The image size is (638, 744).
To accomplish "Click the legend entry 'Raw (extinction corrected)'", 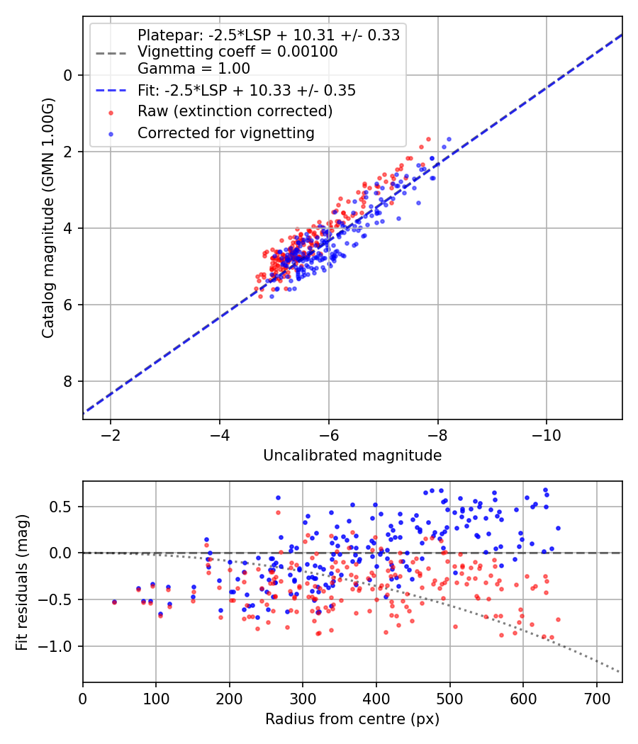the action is [235, 111].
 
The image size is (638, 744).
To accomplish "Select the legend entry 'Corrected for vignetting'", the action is [226, 133].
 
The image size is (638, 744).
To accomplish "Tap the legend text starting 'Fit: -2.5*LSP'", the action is [247, 90].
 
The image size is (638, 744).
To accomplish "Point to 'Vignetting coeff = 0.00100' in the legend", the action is [237, 52].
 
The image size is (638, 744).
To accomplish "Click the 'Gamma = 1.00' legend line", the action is [194, 68].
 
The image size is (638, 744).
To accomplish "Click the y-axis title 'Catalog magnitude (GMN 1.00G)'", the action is [48, 218].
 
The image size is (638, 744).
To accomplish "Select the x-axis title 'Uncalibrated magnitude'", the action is [352, 456].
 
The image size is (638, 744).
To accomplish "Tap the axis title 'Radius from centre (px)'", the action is [352, 719].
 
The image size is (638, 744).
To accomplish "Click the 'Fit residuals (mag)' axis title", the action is [22, 582].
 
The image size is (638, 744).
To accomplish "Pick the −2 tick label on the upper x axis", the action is [110, 435].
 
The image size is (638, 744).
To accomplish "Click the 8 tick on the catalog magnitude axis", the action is [69, 381].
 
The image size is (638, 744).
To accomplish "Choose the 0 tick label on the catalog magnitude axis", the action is [69, 75].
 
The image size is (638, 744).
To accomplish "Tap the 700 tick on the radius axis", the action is [597, 699].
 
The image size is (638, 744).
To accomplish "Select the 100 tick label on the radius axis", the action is [156, 699].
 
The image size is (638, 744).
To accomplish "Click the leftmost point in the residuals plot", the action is [114, 602].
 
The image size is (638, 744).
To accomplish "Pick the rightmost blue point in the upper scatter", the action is [449, 140].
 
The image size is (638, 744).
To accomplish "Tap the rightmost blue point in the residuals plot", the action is [559, 528].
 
